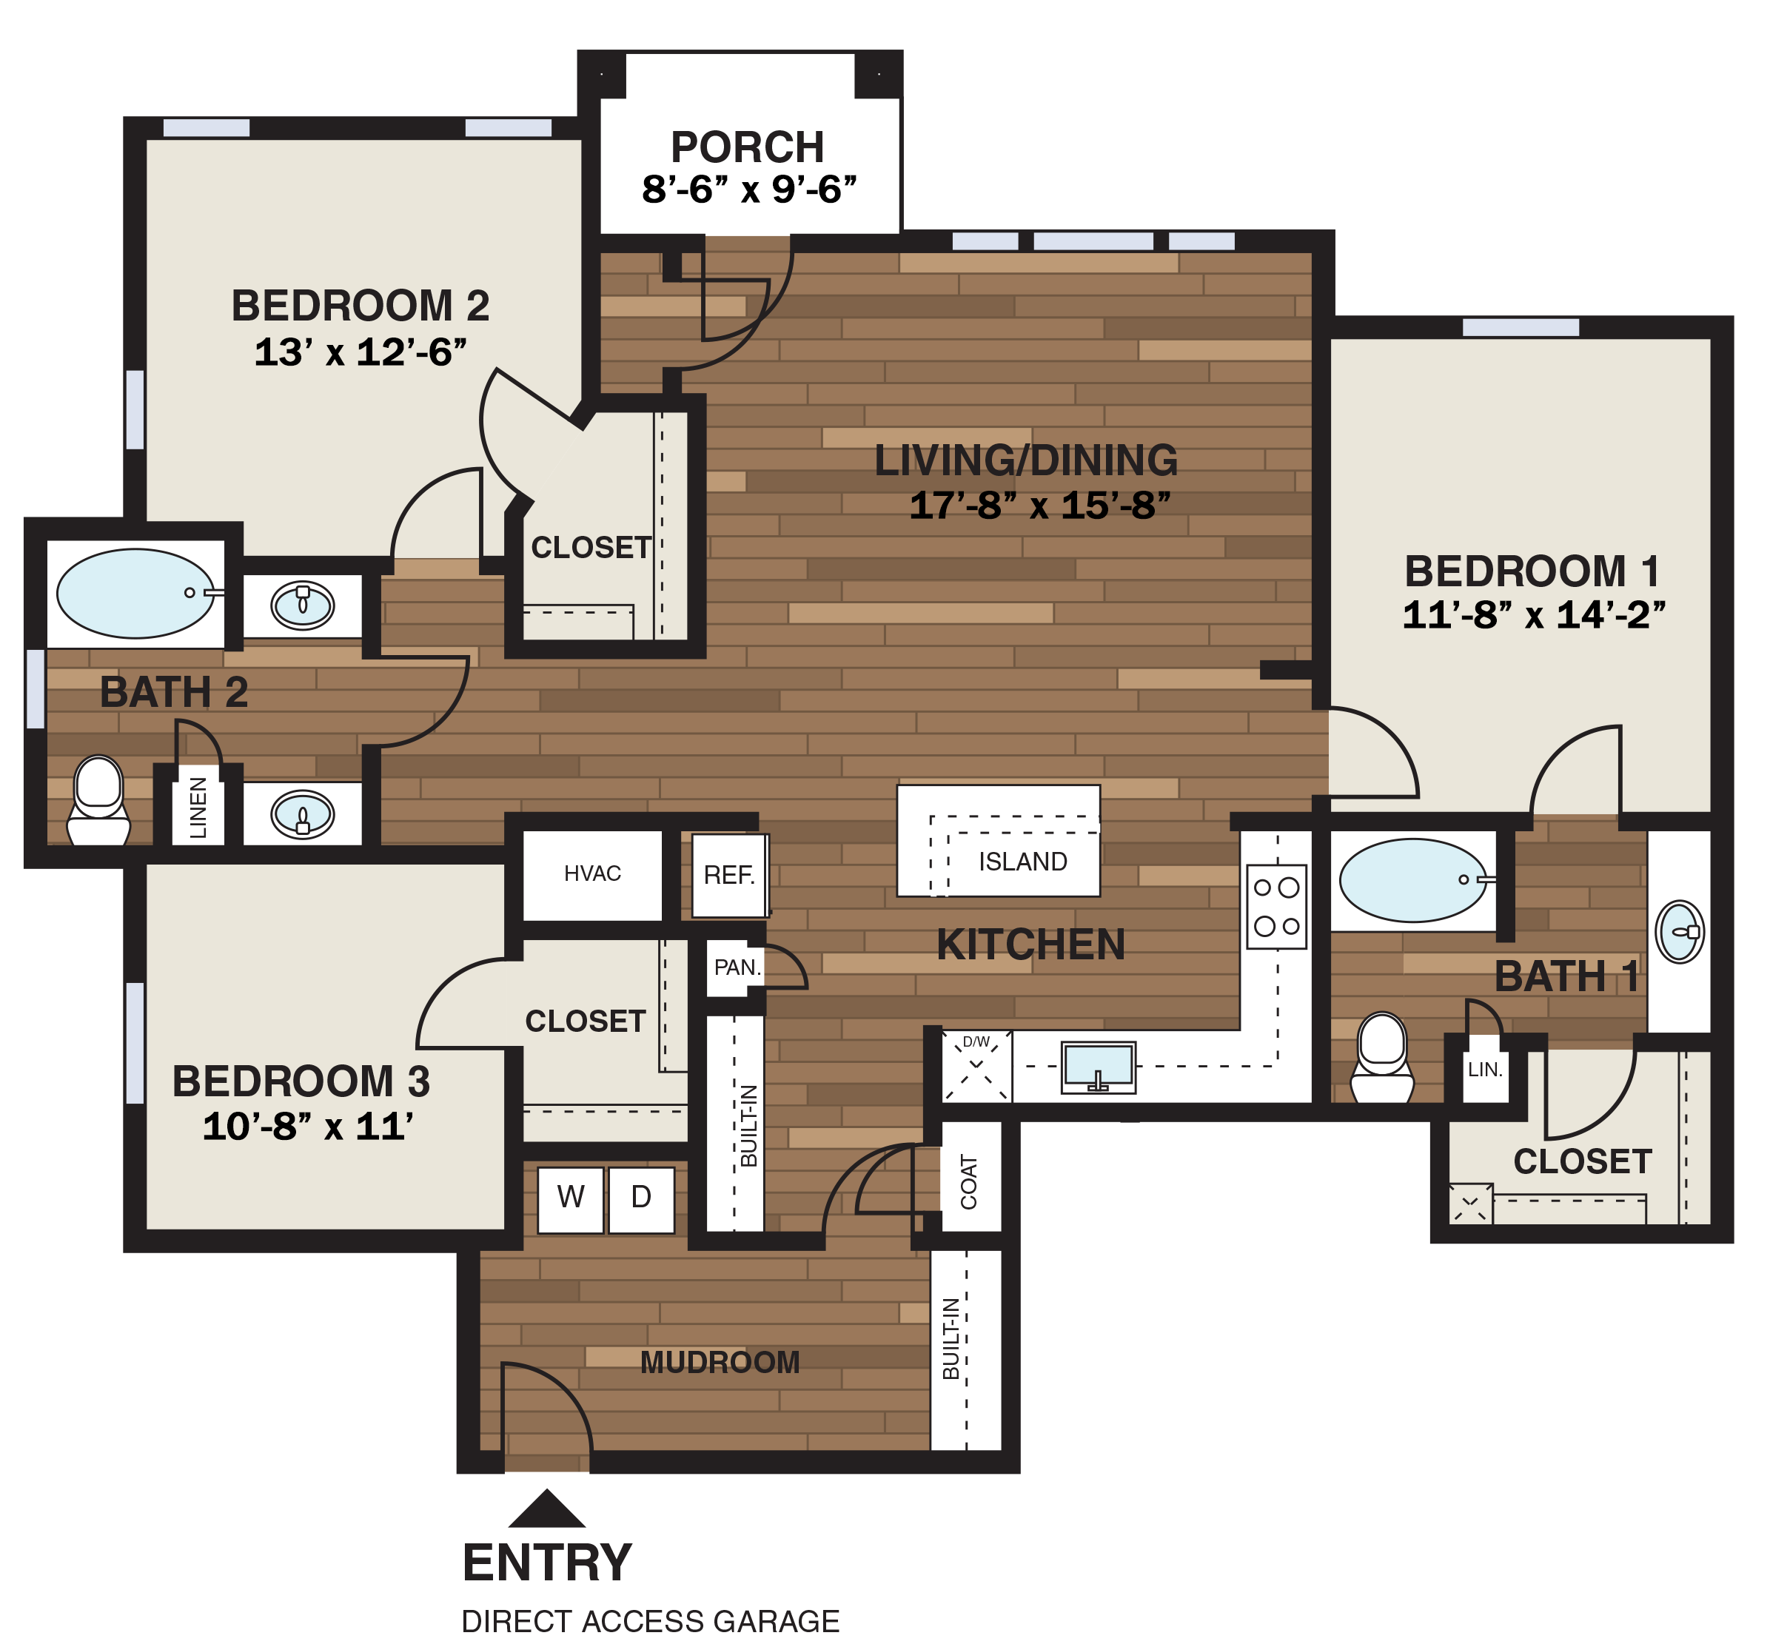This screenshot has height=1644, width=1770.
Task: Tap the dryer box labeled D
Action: point(641,1200)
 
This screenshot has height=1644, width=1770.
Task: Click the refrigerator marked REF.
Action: point(729,876)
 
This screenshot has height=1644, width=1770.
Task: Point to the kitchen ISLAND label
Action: point(1022,862)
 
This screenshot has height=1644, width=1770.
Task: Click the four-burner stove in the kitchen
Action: point(1276,907)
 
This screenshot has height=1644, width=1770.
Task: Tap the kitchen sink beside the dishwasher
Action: point(1098,1067)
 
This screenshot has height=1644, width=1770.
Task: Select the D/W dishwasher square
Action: point(976,1065)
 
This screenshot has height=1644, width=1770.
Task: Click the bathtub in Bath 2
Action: point(135,594)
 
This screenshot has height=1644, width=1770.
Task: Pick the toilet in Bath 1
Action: point(1381,1058)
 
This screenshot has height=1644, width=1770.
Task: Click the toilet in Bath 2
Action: point(98,799)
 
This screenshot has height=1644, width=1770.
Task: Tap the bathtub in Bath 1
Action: point(1412,881)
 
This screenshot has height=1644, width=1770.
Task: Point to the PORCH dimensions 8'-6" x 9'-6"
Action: point(748,189)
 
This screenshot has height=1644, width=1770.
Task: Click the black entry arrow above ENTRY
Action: point(546,1510)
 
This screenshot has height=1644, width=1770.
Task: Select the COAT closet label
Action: point(969,1182)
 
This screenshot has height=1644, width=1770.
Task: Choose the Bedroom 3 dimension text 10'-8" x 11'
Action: point(308,1127)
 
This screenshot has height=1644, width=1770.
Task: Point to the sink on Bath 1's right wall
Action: point(1678,931)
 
